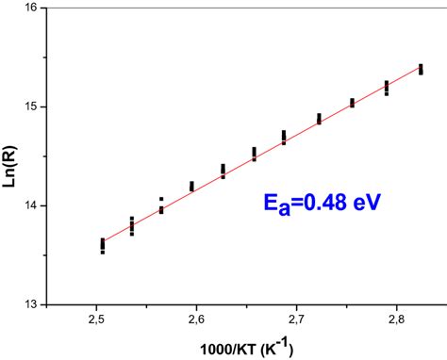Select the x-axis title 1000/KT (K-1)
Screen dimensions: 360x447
(x=246, y=347)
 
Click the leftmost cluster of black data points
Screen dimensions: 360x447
(x=102, y=246)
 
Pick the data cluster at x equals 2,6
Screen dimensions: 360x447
(x=191, y=187)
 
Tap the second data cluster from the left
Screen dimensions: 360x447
(x=131, y=226)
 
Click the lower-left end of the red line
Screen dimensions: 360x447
(x=102, y=240)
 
